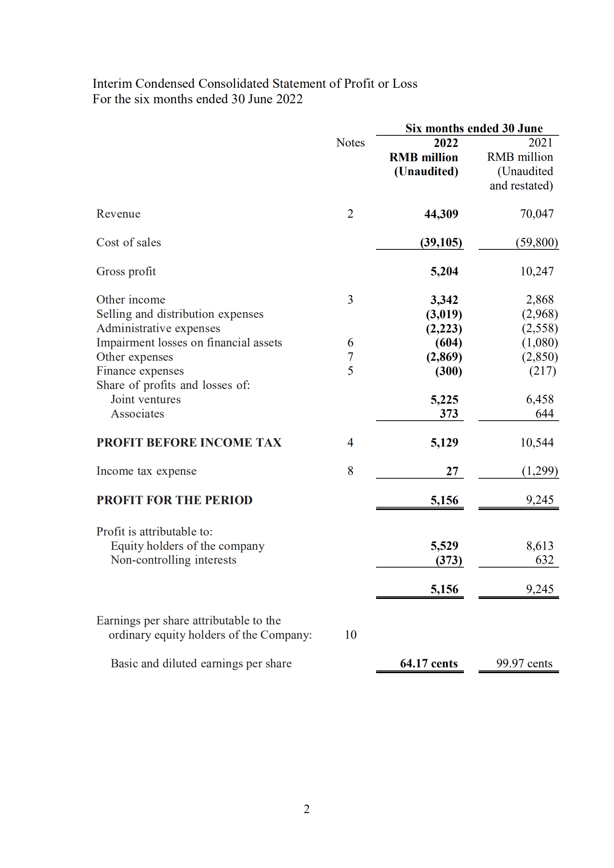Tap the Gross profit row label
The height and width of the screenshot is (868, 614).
point(126,271)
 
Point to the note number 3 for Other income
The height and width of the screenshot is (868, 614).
point(350,300)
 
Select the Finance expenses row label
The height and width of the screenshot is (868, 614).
point(140,371)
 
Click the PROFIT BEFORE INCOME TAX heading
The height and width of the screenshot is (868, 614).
point(189,442)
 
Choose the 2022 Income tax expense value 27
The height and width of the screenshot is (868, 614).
point(452,471)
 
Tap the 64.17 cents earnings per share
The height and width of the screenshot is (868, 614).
point(428,663)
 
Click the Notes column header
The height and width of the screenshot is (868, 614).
point(350,143)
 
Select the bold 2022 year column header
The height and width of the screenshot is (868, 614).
point(445,143)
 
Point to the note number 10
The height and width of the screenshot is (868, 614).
point(350,635)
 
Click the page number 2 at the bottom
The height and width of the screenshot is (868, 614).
point(306,809)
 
